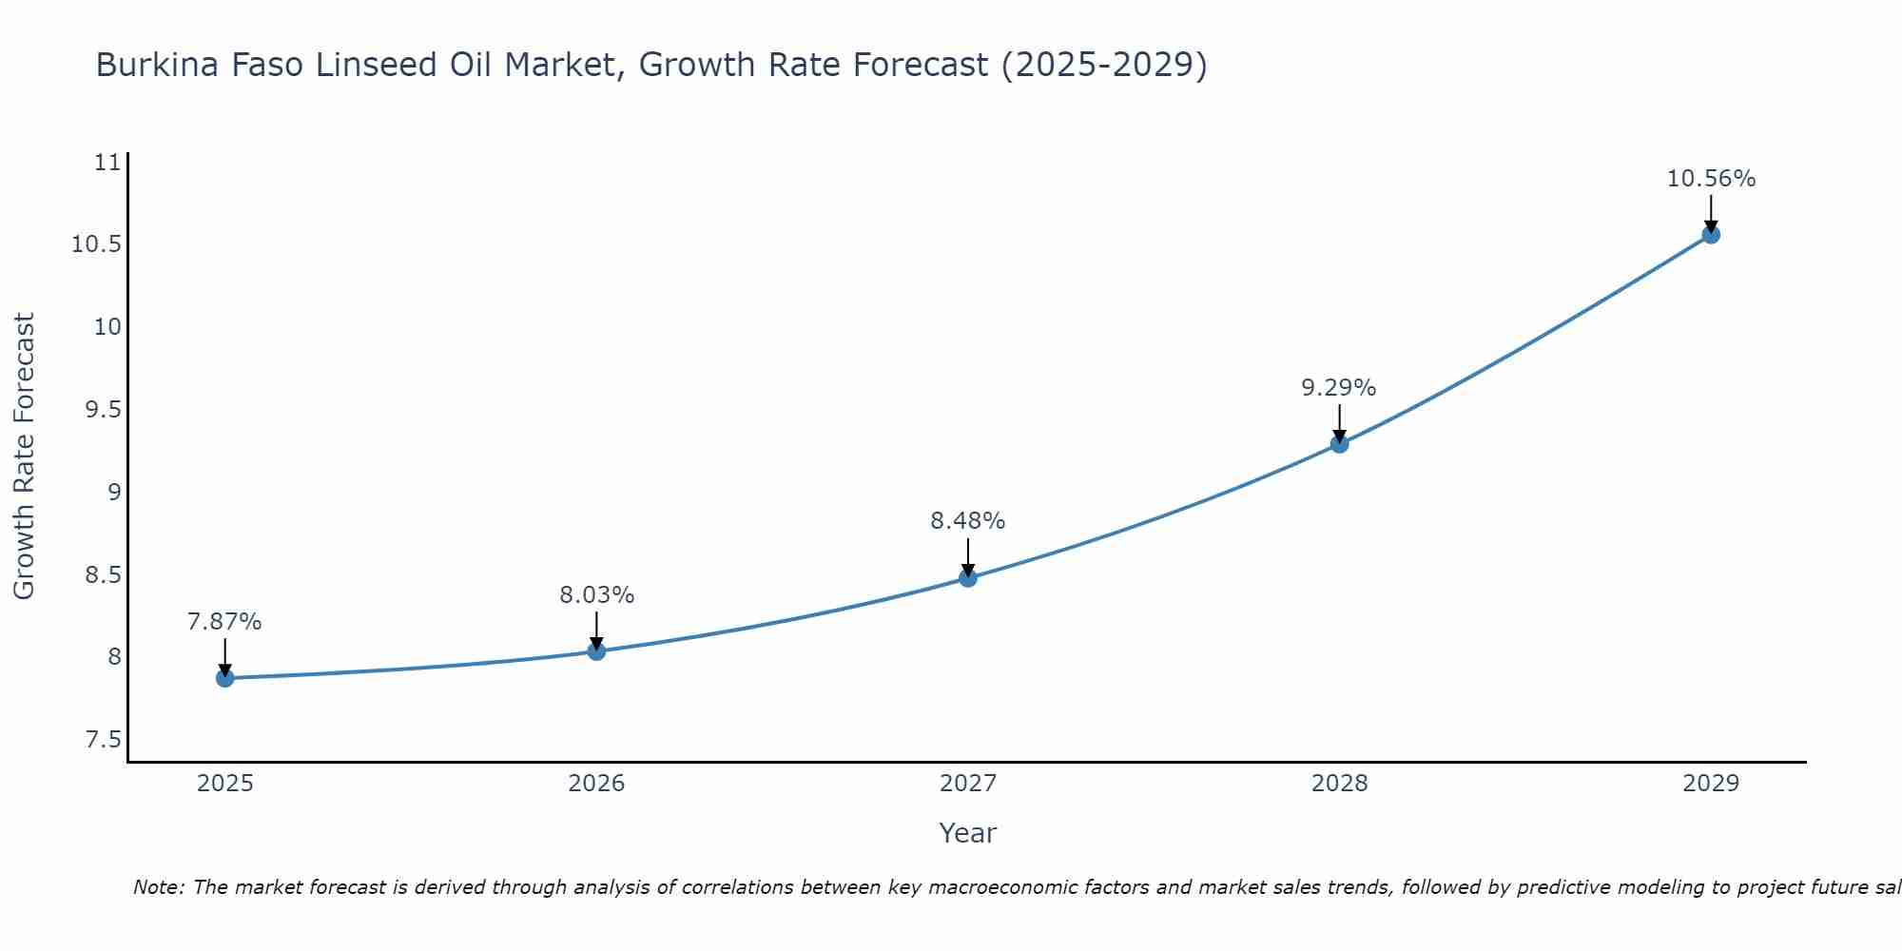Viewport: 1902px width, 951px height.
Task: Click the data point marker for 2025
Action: coord(224,678)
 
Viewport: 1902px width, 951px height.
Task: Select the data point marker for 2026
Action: coord(596,651)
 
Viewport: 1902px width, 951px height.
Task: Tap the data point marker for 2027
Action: coord(968,577)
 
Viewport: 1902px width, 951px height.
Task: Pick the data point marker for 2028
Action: coord(1339,443)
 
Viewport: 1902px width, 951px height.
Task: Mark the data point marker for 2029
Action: coord(1711,234)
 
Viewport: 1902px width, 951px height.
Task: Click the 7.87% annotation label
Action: coord(224,622)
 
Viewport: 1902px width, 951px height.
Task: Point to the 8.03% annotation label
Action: coord(596,595)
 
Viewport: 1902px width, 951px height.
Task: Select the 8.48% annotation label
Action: coord(968,521)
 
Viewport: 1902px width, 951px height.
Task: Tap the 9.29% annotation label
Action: coord(1339,388)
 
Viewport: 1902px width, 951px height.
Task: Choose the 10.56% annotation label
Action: coord(1711,179)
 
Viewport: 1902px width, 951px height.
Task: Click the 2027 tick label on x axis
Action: coord(968,784)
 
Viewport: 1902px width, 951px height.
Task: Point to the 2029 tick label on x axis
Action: coord(1711,784)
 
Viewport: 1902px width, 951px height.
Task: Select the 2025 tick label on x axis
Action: coord(224,784)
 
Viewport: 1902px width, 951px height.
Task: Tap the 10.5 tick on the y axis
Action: coord(96,244)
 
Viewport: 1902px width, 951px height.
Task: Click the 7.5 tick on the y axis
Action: coord(104,740)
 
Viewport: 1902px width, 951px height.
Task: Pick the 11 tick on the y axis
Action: coord(108,163)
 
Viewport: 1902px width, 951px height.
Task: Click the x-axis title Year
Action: coord(967,833)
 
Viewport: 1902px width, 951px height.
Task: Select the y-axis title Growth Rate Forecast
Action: coord(24,456)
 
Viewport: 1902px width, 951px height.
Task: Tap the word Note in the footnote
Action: coord(159,887)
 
